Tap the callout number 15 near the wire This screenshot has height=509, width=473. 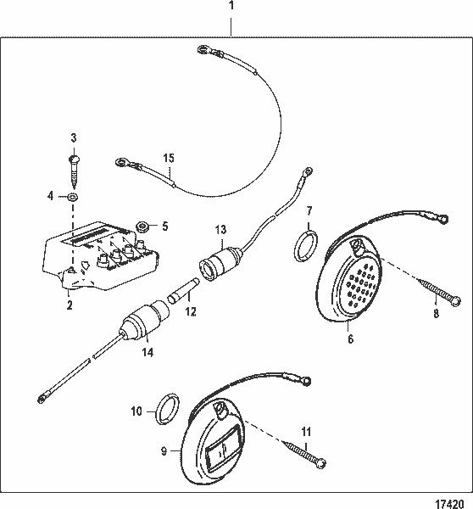(x=168, y=158)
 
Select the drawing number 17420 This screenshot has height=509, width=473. (x=452, y=501)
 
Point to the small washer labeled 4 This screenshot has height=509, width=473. (x=73, y=197)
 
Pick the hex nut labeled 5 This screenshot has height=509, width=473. (x=143, y=226)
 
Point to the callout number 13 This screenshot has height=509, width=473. (x=220, y=228)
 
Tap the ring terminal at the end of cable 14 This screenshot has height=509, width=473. (x=42, y=397)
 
